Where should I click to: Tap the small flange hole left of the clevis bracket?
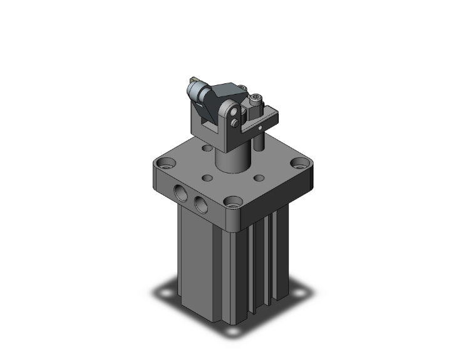point(207,149)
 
